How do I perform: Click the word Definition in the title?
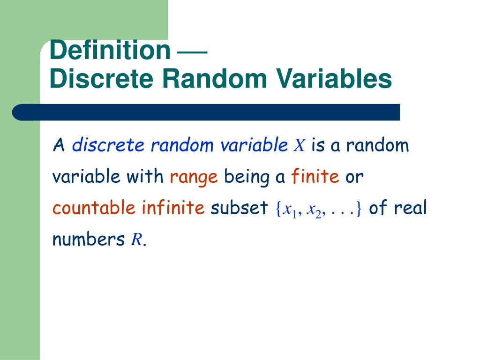pos(110,50)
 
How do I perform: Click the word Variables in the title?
pos(333,79)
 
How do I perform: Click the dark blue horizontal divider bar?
pos(206,112)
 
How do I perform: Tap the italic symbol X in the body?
pos(299,146)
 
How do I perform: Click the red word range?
pos(194,177)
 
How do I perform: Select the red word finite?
pos(315,177)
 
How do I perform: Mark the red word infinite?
pos(173,208)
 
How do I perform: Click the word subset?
pos(239,208)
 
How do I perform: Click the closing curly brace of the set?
pos(359,209)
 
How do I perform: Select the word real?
pos(411,208)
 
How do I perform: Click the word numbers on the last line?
pos(88,240)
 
